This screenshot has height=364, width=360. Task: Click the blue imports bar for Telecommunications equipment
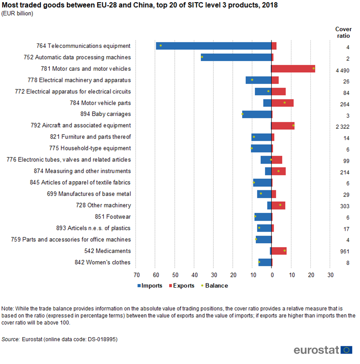pos(213,46)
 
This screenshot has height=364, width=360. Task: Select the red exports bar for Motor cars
pos(293,69)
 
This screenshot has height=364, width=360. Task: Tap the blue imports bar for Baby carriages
pos(257,114)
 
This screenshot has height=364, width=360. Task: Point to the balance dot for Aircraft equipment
pos(293,125)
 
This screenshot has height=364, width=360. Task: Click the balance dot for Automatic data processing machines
pos(202,57)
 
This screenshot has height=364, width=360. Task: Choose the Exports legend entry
pos(181,286)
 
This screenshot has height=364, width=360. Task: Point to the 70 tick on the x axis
pos(136,275)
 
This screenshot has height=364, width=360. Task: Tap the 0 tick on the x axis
pos(272,275)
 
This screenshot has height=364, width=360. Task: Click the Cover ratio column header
pos(343,33)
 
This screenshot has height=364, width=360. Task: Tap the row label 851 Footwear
pos(113,217)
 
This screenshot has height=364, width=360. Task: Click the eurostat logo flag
pos(347,350)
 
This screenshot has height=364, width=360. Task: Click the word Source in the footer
pos(11,339)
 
